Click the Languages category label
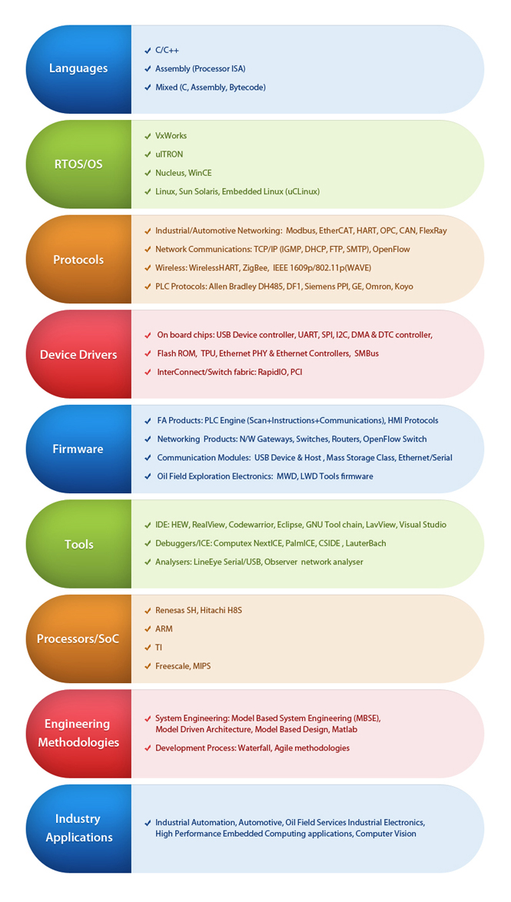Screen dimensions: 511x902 (x=78, y=68)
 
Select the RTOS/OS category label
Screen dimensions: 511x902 (x=78, y=164)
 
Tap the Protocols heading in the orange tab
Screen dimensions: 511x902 (x=78, y=260)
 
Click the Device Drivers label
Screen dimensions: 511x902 (x=78, y=354)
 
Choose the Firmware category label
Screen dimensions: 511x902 (x=78, y=449)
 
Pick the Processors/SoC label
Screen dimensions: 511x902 (x=78, y=638)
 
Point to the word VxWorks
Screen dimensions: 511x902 (x=171, y=136)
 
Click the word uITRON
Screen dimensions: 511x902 (x=169, y=154)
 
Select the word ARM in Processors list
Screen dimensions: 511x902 (x=164, y=628)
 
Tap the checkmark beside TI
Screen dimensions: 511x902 (x=148, y=647)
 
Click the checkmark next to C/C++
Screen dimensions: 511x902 (x=148, y=51)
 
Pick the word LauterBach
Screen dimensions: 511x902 (x=367, y=543)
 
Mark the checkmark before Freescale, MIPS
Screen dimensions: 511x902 (x=148, y=666)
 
